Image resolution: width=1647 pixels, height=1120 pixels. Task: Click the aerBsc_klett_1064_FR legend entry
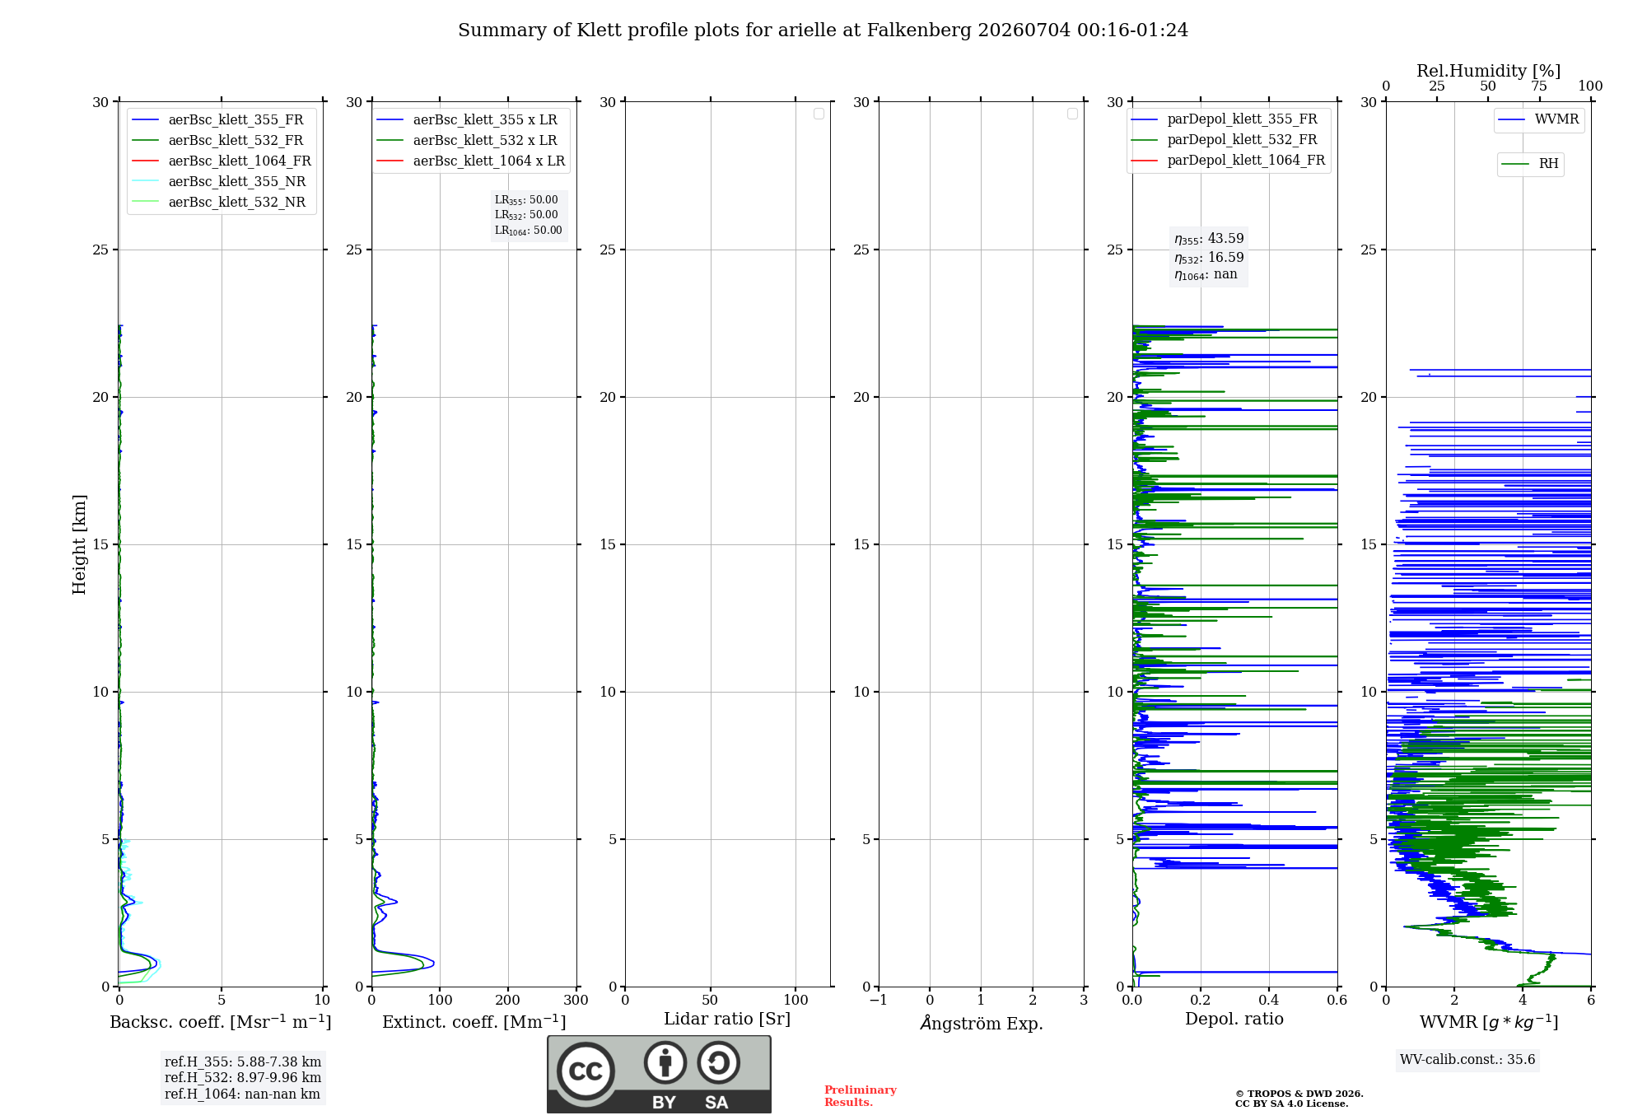(222, 161)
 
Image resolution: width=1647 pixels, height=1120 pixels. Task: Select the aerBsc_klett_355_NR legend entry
(219, 181)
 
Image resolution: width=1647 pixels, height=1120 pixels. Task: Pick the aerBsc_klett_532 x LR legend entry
(467, 140)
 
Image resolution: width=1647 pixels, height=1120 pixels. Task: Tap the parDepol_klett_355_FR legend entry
(1224, 119)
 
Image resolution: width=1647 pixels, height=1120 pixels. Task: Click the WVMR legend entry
(1538, 119)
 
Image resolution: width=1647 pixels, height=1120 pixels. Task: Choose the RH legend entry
(1530, 164)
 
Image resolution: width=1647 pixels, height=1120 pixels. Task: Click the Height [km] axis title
(79, 544)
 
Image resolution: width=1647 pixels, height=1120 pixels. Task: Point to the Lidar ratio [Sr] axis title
(727, 1019)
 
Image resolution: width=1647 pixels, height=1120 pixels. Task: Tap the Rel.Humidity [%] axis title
(1489, 71)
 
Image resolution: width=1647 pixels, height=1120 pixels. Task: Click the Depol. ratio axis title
(1234, 1019)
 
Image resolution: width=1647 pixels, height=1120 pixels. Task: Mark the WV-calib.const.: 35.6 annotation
(1467, 1059)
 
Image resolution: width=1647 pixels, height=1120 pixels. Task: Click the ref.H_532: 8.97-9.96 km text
(243, 1077)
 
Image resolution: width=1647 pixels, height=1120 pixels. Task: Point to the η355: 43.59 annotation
(1209, 239)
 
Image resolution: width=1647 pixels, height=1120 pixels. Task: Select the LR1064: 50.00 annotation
(529, 231)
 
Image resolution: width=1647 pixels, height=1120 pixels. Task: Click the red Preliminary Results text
(861, 1096)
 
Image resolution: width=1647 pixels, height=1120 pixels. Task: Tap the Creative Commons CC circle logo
(586, 1071)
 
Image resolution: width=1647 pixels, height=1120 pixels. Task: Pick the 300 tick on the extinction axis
(576, 1000)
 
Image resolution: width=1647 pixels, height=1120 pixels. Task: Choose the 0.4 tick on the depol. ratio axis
(1269, 1000)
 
